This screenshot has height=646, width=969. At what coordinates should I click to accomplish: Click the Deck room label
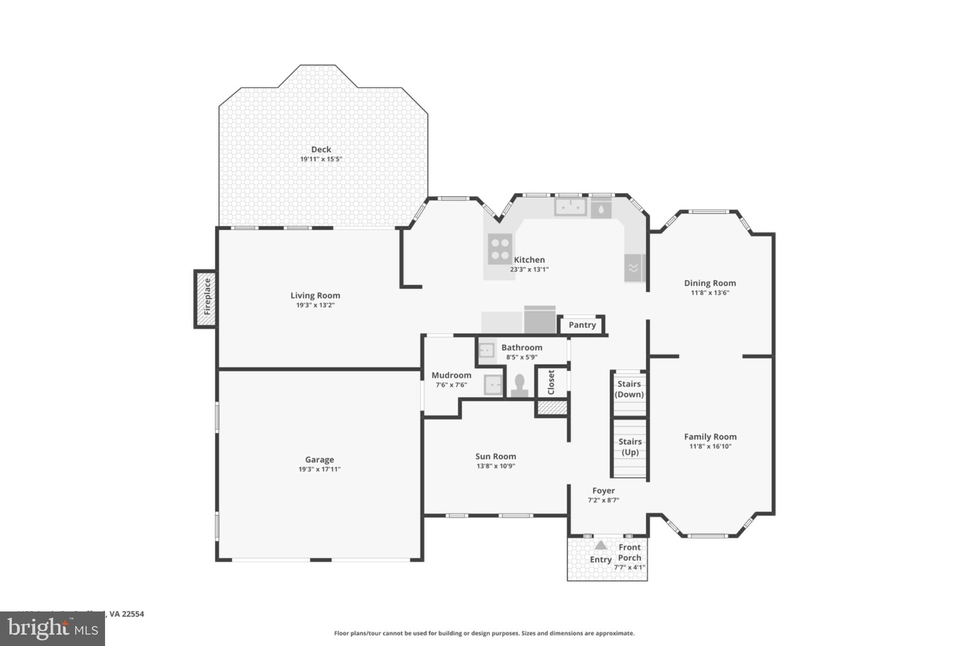[x=321, y=150]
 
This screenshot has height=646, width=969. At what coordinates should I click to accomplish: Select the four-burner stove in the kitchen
[x=500, y=248]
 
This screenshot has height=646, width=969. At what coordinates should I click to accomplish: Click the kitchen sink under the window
[x=571, y=207]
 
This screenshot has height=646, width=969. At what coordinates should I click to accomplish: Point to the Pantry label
[x=582, y=325]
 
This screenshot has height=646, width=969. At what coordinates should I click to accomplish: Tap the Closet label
[x=551, y=382]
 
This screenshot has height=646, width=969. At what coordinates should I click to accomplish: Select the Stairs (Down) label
[x=629, y=389]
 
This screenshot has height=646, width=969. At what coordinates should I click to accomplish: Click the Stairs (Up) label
[x=630, y=447]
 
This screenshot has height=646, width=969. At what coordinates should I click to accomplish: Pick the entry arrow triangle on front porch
[x=600, y=545]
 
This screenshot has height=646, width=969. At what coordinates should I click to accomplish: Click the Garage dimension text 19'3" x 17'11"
[x=319, y=469]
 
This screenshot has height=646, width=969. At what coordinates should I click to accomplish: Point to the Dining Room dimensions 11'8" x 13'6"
[x=710, y=293]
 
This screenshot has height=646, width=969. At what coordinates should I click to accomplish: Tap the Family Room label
[x=710, y=437]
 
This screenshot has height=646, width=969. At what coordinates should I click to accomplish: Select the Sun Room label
[x=495, y=456]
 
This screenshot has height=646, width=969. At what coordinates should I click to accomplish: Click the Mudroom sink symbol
[x=493, y=385]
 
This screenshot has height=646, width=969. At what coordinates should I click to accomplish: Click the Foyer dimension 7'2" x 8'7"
[x=603, y=500]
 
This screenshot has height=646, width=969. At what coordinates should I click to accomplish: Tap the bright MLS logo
[x=52, y=629]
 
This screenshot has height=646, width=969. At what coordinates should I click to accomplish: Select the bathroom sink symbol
[x=486, y=350]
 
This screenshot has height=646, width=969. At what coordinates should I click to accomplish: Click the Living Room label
[x=315, y=295]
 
